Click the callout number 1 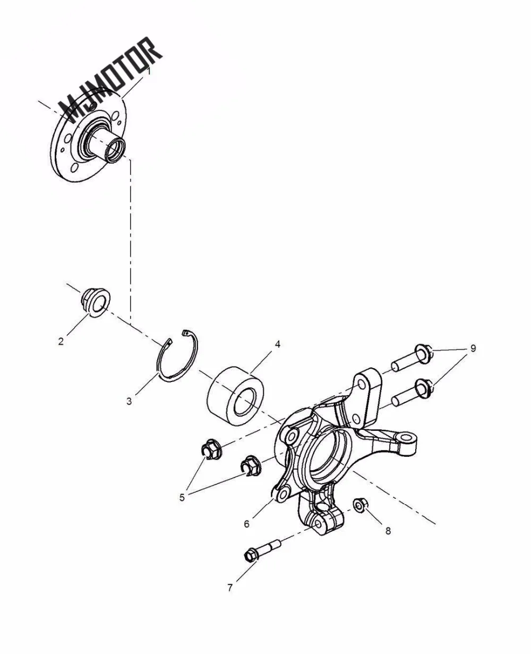tap(149, 71)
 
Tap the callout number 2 tap(61, 342)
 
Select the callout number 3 tap(129, 401)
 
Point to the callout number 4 tap(277, 344)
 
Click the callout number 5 tap(182, 498)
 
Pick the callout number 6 tap(246, 523)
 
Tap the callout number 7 tap(230, 588)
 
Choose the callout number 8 tap(388, 530)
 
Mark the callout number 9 tap(472, 349)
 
